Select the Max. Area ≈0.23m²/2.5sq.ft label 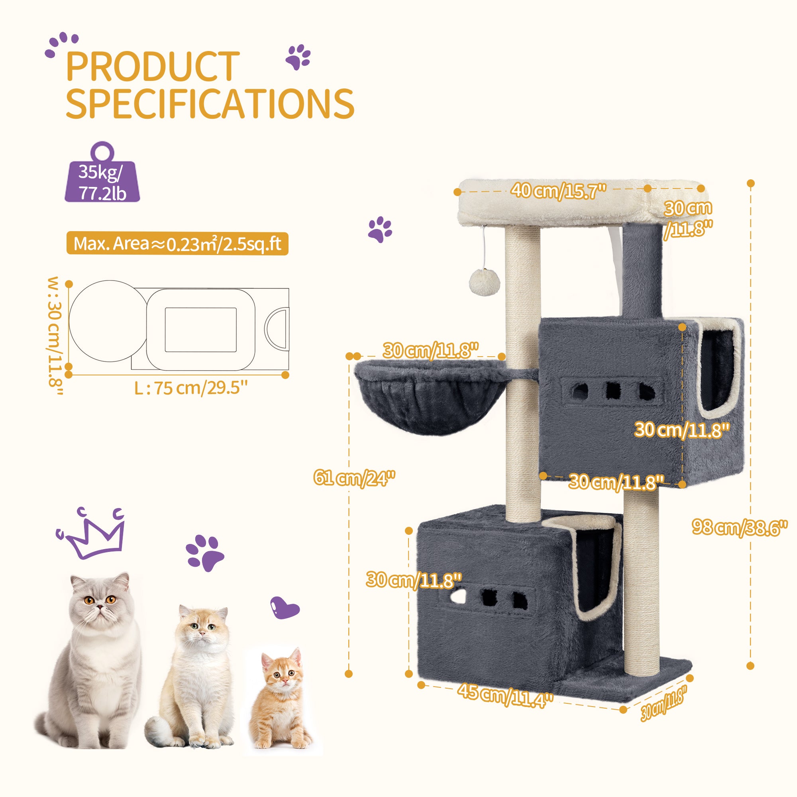[x=177, y=244]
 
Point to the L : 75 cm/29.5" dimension [x=191, y=388]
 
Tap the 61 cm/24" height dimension [x=354, y=478]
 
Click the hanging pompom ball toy [x=484, y=283]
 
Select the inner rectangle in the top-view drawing [x=201, y=330]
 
